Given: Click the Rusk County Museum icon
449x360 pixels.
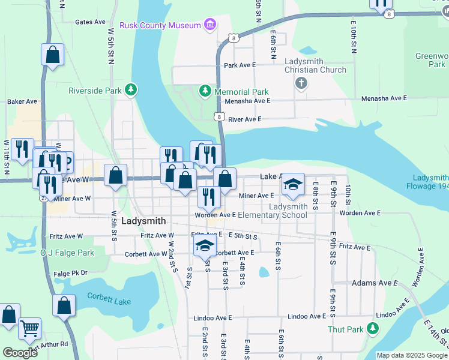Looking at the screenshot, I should pos(209,25).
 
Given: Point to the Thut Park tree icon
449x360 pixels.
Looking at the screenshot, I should pos(373,328).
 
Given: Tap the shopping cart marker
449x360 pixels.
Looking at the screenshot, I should pos(29,329).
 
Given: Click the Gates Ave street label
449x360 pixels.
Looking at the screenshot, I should pos(90,22).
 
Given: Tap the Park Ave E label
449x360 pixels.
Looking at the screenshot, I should pos(240,65).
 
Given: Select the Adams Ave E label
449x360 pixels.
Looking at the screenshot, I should pos(375,283).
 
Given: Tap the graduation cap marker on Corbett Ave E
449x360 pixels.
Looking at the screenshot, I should pos(205,245).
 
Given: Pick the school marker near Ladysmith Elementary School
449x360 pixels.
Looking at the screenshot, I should pos(293,184).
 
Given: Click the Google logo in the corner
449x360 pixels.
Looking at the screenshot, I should pos(20,352).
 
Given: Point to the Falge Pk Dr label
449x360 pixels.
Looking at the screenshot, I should pos(70,273).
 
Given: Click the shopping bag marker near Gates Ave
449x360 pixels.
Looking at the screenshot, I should pos(52,55).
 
